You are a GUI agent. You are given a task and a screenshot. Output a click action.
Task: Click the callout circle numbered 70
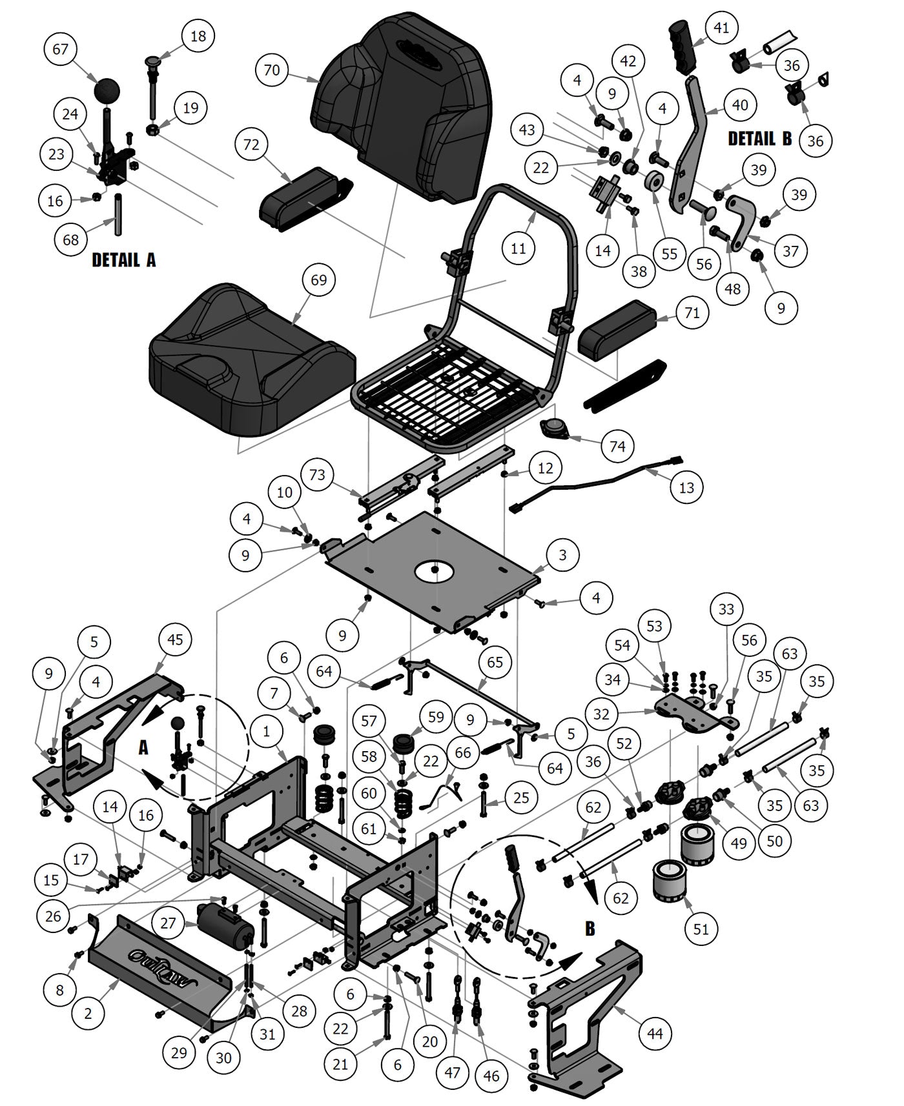click(x=272, y=69)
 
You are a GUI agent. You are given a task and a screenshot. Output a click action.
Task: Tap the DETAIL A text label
click(x=124, y=260)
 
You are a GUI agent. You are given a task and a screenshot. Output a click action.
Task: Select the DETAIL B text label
click(x=759, y=139)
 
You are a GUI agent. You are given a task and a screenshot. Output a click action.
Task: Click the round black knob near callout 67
click(x=108, y=90)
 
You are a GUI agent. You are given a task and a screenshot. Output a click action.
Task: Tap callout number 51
click(x=701, y=929)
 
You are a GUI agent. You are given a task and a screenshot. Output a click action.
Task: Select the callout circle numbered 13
click(x=686, y=487)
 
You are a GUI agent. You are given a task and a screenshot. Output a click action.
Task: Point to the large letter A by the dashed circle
click(x=143, y=747)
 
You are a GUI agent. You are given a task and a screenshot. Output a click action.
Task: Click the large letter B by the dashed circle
click(x=590, y=929)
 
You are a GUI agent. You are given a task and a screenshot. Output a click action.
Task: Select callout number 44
click(x=655, y=1033)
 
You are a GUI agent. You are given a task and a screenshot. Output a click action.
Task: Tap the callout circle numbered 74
click(x=617, y=446)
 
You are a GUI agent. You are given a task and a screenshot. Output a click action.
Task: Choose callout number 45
click(x=175, y=639)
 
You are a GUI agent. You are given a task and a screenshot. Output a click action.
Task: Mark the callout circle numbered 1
click(x=266, y=731)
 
